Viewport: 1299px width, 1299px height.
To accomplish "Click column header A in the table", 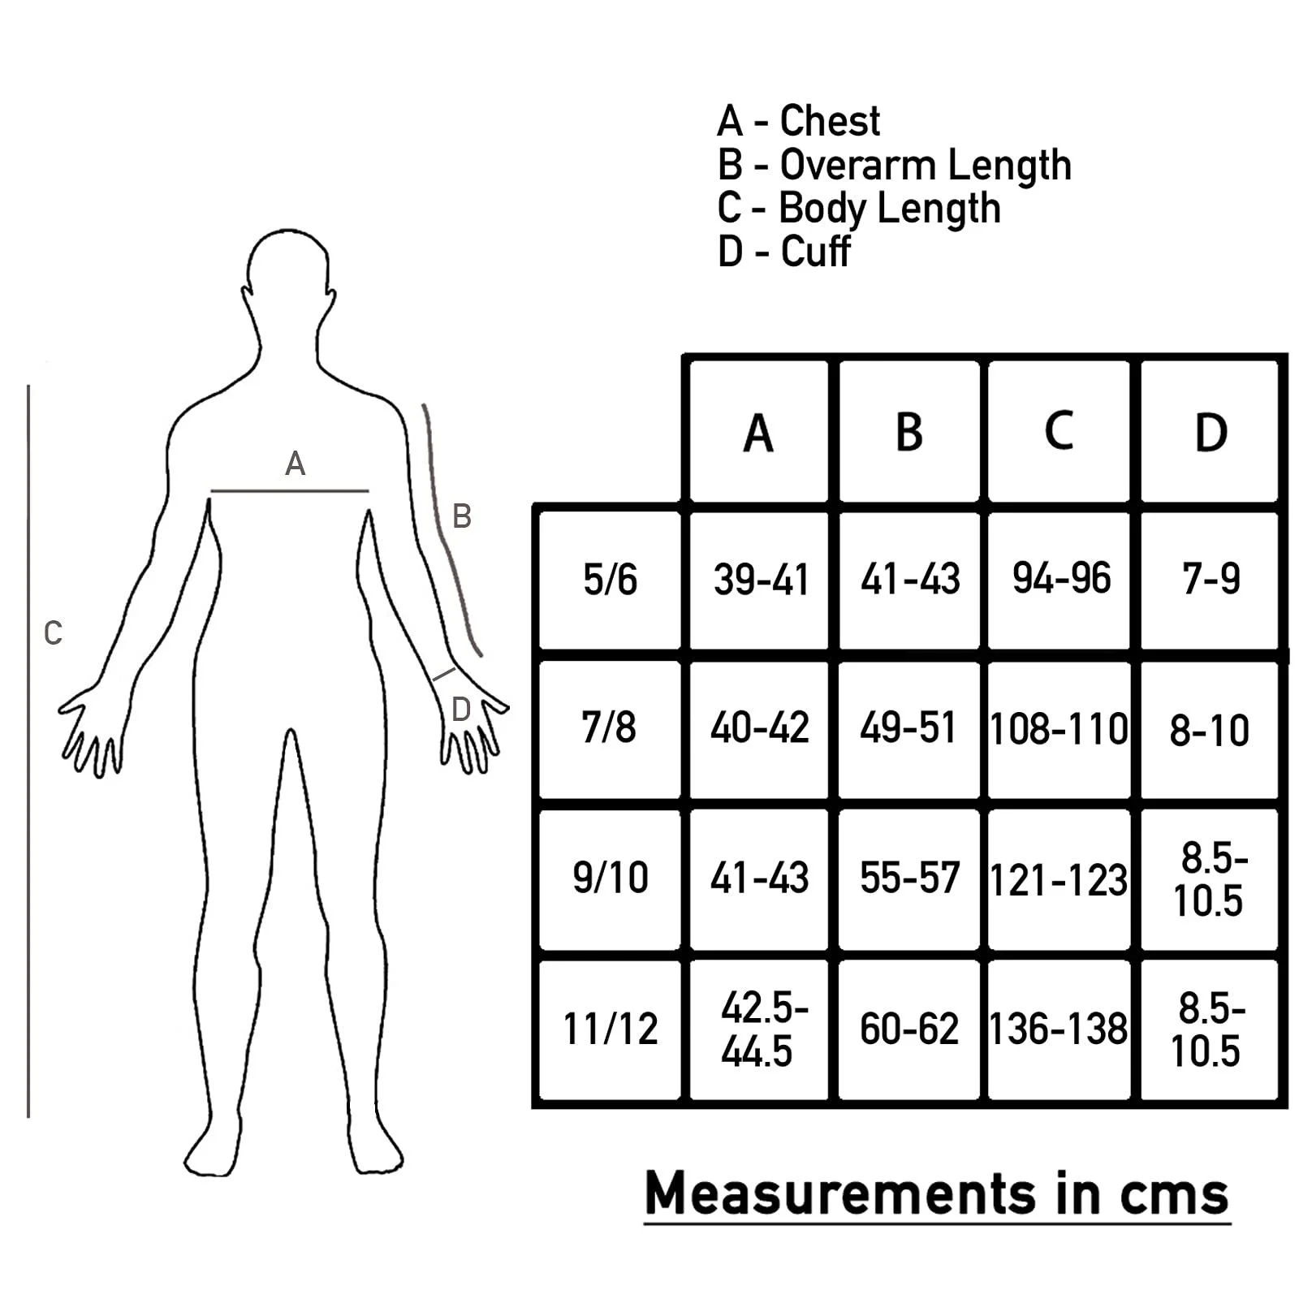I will (x=758, y=433).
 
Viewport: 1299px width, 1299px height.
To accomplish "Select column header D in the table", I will (x=1211, y=433).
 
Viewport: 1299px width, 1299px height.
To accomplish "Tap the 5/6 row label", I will (x=610, y=580).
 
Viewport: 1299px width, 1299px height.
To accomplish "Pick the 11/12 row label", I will (x=610, y=1029).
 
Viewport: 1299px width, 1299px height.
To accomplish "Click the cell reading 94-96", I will (x=1061, y=579).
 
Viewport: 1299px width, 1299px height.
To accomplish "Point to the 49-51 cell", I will (x=908, y=727).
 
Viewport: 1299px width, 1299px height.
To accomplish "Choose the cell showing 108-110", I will (x=1059, y=729).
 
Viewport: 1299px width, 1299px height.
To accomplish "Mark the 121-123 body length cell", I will (x=1059, y=880).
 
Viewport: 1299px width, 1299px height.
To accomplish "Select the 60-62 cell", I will (x=909, y=1029).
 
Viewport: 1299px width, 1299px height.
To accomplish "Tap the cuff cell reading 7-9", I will (x=1211, y=579).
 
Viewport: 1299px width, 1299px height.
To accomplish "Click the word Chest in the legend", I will (x=830, y=121).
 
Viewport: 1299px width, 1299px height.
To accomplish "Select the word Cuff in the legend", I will (x=815, y=252).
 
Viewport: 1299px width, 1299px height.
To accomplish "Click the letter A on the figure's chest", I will (x=295, y=464).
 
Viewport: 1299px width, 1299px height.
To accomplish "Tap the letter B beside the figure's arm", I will (x=461, y=516).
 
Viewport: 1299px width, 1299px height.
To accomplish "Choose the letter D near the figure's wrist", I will (x=460, y=710).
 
